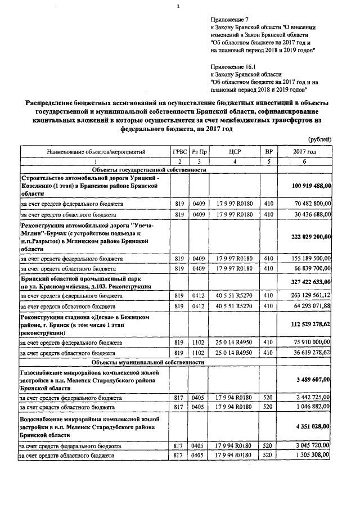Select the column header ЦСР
click(x=235, y=152)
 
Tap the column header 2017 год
click(x=305, y=152)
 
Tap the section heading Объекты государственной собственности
click(x=148, y=169)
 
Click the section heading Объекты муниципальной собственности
click(x=148, y=363)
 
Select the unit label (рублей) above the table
click(x=320, y=139)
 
